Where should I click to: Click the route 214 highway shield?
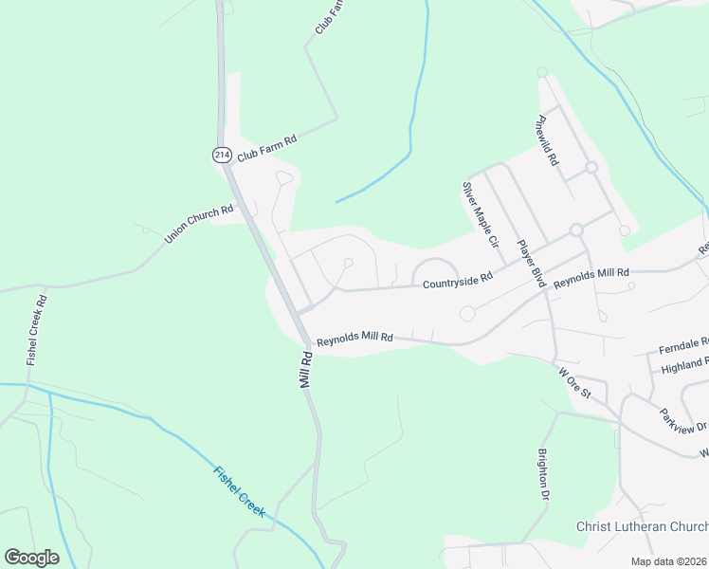[221, 154]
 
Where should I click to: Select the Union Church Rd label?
[199, 224]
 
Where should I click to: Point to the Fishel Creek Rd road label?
[37, 329]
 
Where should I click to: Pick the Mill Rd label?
[306, 370]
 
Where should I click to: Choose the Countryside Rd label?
[458, 281]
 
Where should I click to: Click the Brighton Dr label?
[544, 475]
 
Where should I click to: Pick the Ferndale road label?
[684, 343]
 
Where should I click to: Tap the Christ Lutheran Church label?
[642, 526]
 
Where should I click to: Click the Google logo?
[31, 558]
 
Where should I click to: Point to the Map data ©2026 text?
[669, 561]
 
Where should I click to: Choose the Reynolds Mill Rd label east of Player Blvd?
[591, 279]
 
